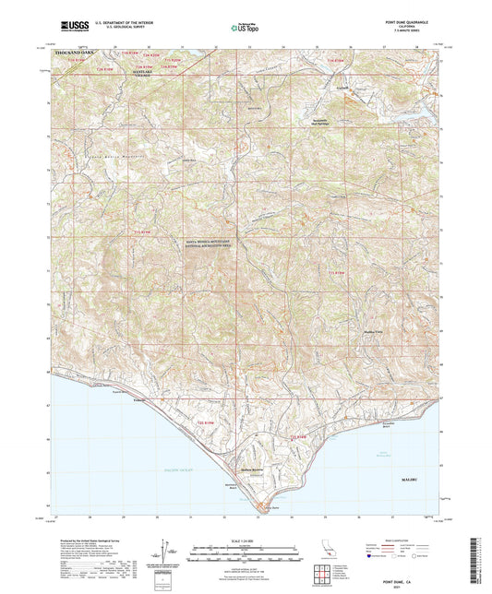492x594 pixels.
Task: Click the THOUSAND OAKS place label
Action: [x=75, y=54]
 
